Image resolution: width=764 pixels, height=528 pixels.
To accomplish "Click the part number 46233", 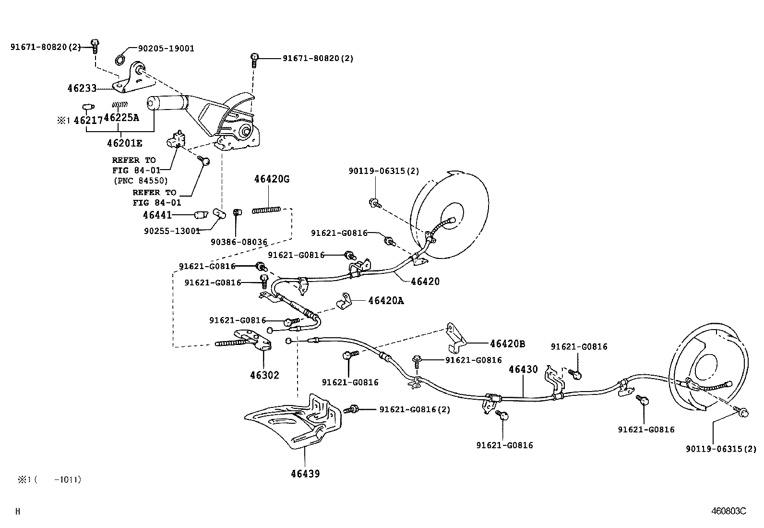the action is [82, 88].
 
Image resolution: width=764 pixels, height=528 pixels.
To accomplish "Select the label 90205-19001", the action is [166, 49].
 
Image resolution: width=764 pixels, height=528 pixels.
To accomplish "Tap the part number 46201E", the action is [124, 143].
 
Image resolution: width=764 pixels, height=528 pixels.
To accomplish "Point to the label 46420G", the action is [272, 179].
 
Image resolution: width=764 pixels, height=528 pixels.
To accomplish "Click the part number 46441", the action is [157, 215].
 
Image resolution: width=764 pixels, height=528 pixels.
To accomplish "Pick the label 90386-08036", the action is [239, 242].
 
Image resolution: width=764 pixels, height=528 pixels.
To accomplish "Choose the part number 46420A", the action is [386, 301].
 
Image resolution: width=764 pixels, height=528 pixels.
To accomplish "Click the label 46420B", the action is [508, 344].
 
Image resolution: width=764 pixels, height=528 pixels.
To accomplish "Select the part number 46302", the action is [265, 375].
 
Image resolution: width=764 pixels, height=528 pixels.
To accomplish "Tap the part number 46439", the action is [305, 474].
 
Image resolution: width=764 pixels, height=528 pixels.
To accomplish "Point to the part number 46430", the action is [523, 369].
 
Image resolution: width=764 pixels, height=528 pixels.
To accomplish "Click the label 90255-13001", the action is [172, 231].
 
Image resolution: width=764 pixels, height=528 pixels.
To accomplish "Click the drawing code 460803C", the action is [729, 511].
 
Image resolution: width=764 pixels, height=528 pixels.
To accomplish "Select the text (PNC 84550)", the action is [141, 180].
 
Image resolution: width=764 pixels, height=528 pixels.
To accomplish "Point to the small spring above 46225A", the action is [119, 104].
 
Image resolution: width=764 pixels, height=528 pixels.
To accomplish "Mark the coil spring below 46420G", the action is [266, 210].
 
